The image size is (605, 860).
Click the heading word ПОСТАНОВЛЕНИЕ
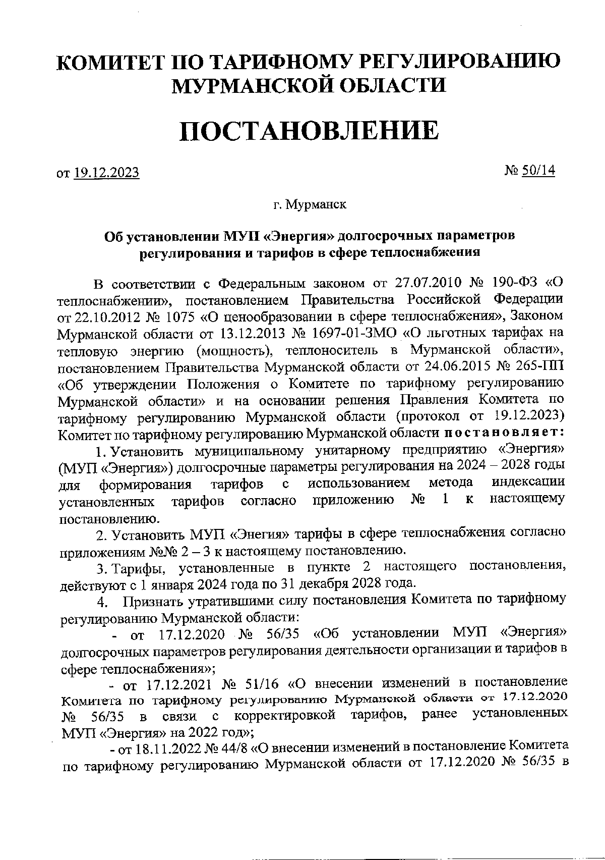point(309,130)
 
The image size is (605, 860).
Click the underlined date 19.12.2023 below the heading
point(106,173)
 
